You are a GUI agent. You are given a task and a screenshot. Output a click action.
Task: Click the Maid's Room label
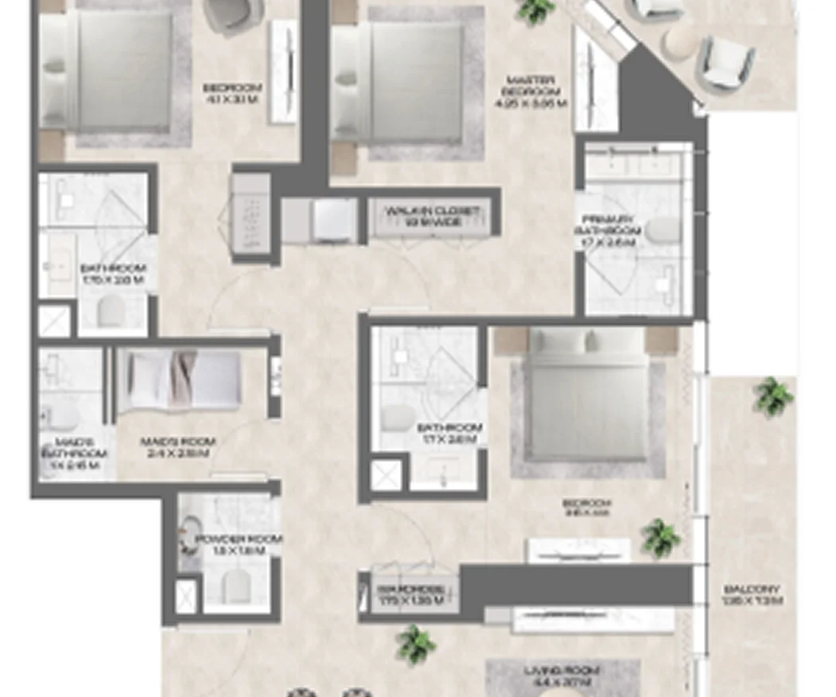(x=177, y=447)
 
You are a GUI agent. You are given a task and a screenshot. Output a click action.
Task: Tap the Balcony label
(x=752, y=595)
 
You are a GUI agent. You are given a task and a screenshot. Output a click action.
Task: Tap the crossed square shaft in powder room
(x=186, y=595)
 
